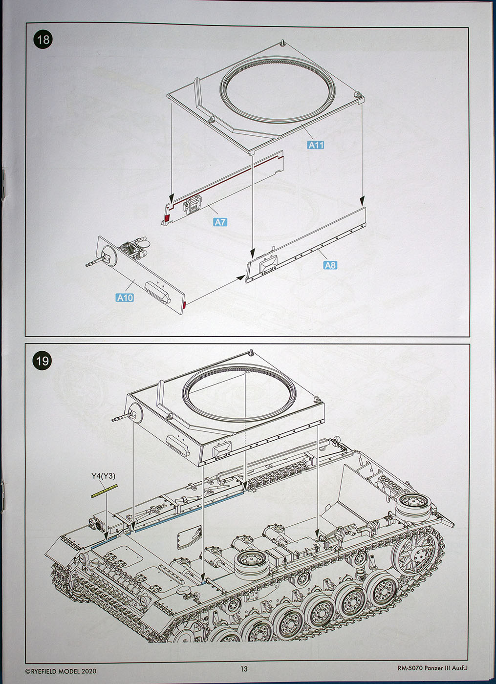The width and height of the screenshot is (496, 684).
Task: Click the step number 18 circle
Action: pyautogui.click(x=43, y=39)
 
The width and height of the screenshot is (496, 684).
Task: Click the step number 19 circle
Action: pyautogui.click(x=43, y=361)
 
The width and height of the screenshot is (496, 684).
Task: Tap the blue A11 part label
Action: pyautogui.click(x=316, y=145)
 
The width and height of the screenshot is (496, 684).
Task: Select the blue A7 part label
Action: pyautogui.click(x=220, y=222)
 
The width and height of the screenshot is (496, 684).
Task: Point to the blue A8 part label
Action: pyautogui.click(x=330, y=265)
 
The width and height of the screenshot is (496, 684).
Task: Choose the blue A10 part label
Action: pyautogui.click(x=125, y=297)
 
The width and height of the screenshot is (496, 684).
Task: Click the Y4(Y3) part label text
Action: pyautogui.click(x=103, y=476)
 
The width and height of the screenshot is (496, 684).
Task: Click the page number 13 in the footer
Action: pyautogui.click(x=244, y=669)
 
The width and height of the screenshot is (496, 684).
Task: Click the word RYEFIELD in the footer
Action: pyautogui.click(x=48, y=671)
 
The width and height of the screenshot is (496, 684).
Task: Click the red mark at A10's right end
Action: pyautogui.click(x=184, y=306)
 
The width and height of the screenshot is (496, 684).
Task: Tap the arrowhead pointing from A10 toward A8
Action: pyautogui.click(x=240, y=278)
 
